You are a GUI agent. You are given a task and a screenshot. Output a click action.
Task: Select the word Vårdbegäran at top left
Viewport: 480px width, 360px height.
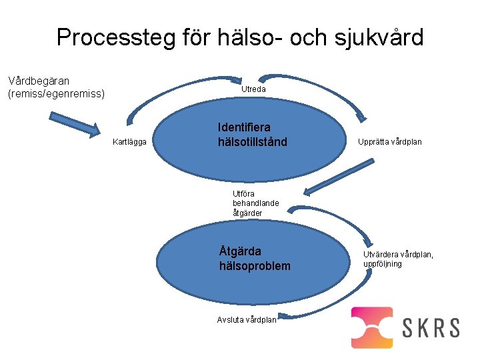tap(39, 81)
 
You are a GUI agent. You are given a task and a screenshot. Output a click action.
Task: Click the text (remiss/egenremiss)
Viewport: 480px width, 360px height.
tap(56, 93)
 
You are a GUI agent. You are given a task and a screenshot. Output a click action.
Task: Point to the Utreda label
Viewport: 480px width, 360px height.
tap(253, 89)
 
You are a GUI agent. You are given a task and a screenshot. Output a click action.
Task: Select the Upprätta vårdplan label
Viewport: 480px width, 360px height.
tap(389, 142)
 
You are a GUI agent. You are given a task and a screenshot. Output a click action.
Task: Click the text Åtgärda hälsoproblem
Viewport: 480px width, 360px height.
tap(255, 259)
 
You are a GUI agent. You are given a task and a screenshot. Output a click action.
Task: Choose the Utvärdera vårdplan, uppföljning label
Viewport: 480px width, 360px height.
tap(398, 259)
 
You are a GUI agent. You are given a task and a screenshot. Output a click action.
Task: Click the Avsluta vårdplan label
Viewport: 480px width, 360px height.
tap(247, 319)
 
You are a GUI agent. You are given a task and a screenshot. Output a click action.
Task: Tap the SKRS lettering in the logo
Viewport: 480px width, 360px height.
tap(431, 327)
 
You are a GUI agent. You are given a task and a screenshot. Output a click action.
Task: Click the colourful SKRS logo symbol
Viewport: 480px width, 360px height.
tap(372, 327)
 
